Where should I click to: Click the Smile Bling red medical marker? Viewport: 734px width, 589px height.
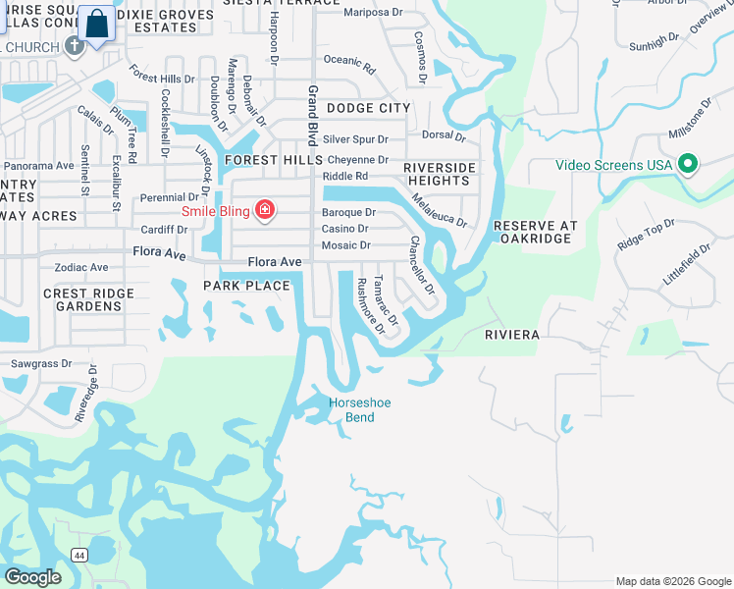(x=264, y=209)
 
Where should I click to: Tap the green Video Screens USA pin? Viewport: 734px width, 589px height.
(x=688, y=164)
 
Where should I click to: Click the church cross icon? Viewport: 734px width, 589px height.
(x=74, y=46)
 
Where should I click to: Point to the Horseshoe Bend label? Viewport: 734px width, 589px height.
(x=352, y=409)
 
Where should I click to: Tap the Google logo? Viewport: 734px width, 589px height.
(x=32, y=576)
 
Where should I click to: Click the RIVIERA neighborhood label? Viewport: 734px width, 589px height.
(x=512, y=335)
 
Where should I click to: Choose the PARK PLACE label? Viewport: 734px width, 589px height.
(x=246, y=286)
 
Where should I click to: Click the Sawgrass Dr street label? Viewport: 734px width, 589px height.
(x=41, y=363)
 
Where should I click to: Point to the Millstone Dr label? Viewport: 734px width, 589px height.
(x=692, y=118)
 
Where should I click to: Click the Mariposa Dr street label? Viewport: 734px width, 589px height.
(x=375, y=14)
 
